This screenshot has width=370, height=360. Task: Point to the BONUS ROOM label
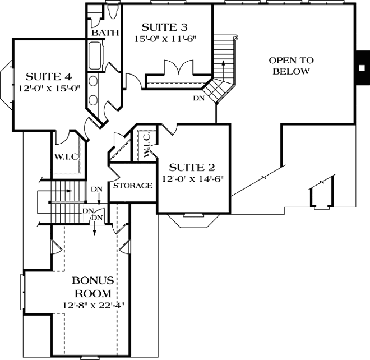93,287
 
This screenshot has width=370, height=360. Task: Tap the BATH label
105,33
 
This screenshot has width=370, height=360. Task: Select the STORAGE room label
133,186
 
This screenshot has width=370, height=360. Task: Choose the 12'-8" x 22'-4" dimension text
93,306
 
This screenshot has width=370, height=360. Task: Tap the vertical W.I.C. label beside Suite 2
146,145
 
